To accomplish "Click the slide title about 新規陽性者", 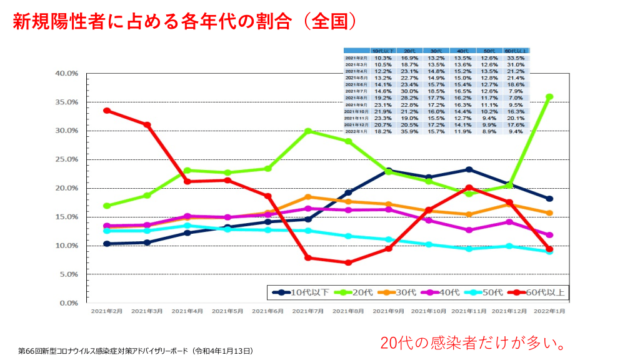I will tap(185, 22).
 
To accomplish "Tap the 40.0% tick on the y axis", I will tap(65, 73).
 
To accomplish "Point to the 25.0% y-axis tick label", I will tap(65, 159).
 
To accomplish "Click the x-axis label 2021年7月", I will tap(308, 311).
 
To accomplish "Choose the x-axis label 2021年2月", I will tap(107, 311).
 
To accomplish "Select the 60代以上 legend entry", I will tap(538, 292).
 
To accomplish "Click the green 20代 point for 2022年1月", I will tap(549, 97).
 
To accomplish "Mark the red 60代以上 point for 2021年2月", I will tap(107, 111).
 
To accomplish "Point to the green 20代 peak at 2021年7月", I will tap(308, 131).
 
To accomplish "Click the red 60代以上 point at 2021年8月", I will tap(348, 262).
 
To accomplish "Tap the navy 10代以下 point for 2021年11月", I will tap(469, 169).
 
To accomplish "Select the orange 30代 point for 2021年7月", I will tap(308, 197).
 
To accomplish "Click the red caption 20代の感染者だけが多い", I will tap(474, 342).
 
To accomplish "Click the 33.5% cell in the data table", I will tap(516, 58).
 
